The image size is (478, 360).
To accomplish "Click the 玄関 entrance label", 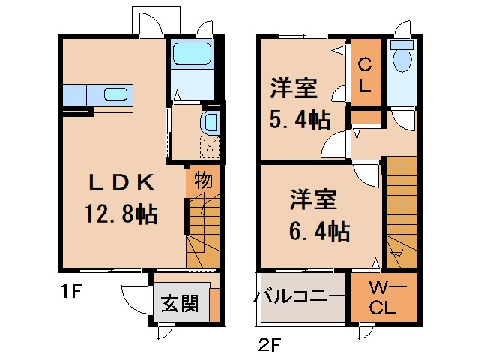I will [180, 304].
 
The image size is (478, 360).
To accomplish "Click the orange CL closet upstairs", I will [363, 74].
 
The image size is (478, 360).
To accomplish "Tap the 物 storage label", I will [202, 179].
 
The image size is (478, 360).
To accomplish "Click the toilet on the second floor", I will [402, 58].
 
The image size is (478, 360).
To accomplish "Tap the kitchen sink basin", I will [115, 94].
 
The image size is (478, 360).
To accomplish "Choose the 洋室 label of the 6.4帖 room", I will [314, 200].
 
